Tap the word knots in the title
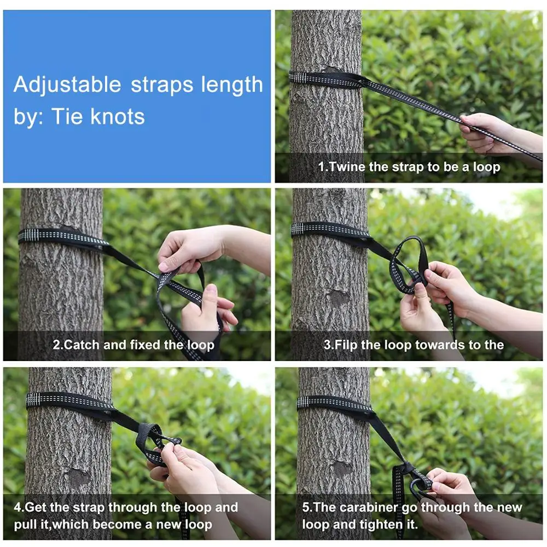tap(118, 117)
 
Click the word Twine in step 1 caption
tap(347, 167)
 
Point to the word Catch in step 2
tap(82, 345)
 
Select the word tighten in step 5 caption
tap(380, 525)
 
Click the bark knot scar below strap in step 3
tap(339, 297)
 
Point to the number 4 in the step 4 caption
tap(18, 507)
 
